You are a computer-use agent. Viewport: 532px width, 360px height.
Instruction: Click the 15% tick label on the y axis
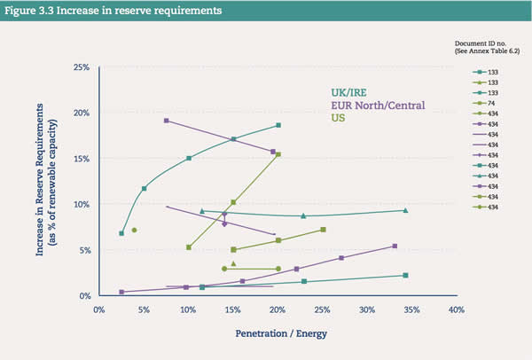coord(81,159)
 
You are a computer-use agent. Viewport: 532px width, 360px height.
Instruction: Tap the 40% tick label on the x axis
coord(456,310)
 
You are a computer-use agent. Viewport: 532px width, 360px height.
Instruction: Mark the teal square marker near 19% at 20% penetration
coord(278,125)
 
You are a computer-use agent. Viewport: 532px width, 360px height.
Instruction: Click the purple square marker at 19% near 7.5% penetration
coord(166,121)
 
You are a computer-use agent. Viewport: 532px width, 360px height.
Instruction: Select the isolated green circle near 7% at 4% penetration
coord(134,230)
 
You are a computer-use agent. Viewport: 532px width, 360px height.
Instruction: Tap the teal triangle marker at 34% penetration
coord(405,210)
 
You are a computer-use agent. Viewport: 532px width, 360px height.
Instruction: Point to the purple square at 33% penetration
coord(395,246)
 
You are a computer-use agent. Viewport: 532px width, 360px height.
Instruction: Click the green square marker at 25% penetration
coord(323,230)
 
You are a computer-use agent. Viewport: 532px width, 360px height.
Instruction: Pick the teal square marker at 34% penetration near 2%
coord(405,275)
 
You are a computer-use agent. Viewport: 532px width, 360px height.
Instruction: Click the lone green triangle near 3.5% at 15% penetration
coord(233,263)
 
